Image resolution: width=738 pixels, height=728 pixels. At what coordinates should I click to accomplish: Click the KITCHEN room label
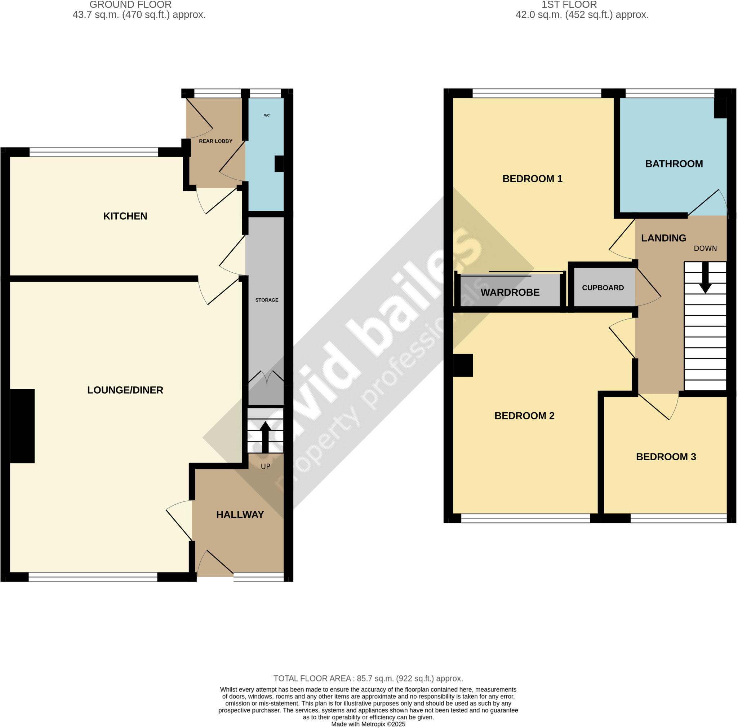tap(125, 216)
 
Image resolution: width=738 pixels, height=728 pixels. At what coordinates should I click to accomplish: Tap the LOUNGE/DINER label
tap(125, 390)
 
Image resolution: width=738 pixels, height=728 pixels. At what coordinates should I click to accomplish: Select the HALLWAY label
tap(240, 515)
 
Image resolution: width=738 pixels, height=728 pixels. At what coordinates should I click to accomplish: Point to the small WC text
tap(267, 115)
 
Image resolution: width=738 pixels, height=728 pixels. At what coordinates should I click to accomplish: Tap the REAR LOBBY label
tap(215, 141)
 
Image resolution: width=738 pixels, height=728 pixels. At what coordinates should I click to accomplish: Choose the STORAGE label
tap(267, 300)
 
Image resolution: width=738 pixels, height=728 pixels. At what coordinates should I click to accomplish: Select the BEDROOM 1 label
tap(532, 179)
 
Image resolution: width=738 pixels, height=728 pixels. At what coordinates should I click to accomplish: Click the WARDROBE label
tap(510, 293)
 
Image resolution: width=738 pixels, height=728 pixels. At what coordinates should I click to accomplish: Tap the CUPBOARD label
tap(603, 288)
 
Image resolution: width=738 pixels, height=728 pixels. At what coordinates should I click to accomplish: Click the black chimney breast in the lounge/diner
tap(22, 426)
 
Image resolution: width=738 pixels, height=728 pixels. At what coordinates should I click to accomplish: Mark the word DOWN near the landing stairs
tap(705, 249)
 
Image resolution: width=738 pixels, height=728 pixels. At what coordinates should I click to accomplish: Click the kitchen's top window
tap(94, 152)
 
